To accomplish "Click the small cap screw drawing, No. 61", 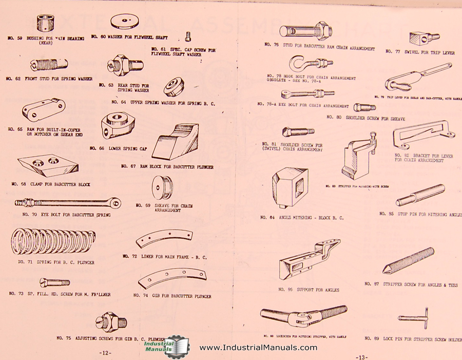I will point(188,36).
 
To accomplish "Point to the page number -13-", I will point(362,356).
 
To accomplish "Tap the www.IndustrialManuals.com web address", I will point(258,348).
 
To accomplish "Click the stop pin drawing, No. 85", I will point(419,196).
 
